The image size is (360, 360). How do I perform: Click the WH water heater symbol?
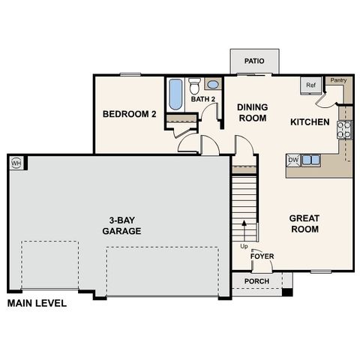point(15,162)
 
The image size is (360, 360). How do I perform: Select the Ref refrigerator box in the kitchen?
point(310,85)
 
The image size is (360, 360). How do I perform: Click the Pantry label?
point(338,79)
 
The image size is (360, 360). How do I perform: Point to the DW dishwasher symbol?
point(293,160)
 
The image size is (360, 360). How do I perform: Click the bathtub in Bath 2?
point(175,94)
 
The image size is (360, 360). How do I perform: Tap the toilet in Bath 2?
point(194,85)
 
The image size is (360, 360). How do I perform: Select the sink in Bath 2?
point(212,84)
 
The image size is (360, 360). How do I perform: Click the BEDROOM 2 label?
point(128,115)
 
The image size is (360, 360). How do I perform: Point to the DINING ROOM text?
point(253,112)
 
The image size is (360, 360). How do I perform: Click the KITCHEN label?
point(310,121)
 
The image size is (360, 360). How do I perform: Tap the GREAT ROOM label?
point(304,223)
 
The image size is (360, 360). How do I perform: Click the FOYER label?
point(262,256)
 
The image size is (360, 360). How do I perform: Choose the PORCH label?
point(256,282)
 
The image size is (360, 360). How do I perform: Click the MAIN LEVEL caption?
point(37,304)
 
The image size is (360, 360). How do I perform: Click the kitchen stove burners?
point(345,129)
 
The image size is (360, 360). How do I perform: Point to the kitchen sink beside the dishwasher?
point(311,160)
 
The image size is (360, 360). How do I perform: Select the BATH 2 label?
point(202,99)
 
